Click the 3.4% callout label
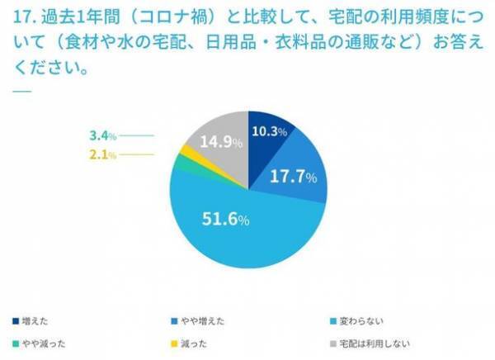coord(103,135)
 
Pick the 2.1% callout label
coord(103,154)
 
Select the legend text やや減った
coord(41,342)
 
